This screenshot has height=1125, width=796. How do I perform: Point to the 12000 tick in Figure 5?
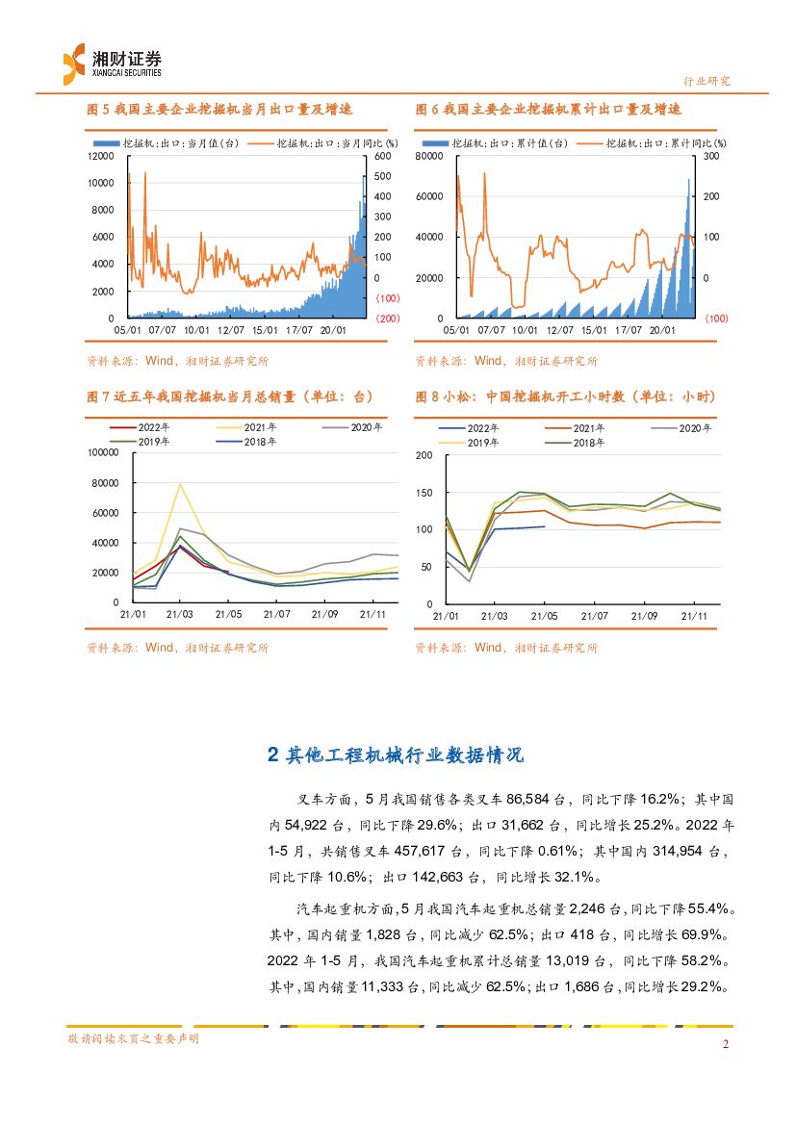point(101,156)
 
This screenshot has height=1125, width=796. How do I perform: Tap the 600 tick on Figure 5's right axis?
point(382,156)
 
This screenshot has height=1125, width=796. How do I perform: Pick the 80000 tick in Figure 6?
point(429,156)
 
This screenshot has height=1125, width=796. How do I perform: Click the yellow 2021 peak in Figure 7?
point(180,484)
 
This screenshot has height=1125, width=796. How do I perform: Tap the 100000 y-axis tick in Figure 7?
point(101,452)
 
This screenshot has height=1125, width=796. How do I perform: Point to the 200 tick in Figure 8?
point(424,455)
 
